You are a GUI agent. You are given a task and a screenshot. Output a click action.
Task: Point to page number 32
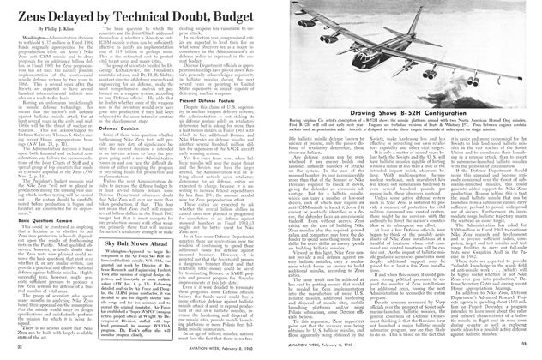[x=21, y=351]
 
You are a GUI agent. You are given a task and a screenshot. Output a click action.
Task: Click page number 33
[x=522, y=351]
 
